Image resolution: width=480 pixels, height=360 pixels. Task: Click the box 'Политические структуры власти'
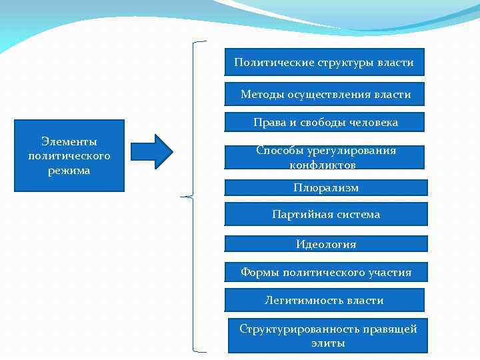click(324, 62)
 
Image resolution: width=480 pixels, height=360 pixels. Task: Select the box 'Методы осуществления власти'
click(325, 95)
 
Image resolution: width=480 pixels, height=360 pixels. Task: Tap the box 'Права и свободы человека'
click(325, 122)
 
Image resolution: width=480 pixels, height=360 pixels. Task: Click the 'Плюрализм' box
click(325, 188)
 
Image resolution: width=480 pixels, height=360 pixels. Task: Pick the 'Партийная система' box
click(325, 215)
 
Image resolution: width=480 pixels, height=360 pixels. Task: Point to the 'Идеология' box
click(325, 244)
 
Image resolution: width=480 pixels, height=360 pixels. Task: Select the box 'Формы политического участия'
click(325, 272)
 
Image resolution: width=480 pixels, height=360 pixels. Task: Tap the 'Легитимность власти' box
click(324, 300)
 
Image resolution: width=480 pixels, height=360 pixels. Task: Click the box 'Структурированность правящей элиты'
click(327, 335)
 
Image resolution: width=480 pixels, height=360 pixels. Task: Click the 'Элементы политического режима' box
click(69, 156)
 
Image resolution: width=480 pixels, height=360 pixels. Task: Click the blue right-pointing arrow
click(151, 151)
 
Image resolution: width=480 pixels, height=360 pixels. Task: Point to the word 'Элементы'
click(69, 141)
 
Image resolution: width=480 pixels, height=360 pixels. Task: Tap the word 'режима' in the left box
click(69, 171)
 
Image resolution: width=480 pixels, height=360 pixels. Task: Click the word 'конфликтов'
click(323, 165)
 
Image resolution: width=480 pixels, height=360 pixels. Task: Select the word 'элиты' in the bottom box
click(328, 343)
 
